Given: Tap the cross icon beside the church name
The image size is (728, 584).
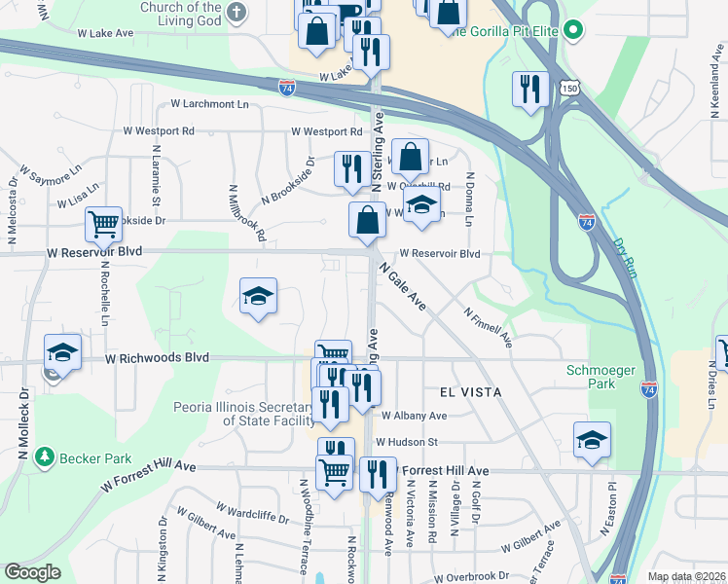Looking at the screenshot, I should coord(237,13).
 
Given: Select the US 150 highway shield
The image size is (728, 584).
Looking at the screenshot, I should coord(570,89).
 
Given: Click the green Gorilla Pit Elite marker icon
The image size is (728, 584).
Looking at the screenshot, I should coord(574,31).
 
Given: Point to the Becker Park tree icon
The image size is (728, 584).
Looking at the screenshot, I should coord(43,456).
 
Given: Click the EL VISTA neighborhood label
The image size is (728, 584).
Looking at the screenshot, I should coord(470,391).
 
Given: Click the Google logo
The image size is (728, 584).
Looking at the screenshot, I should coord(32,572).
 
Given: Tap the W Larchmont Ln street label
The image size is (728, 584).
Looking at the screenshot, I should coord(209,103).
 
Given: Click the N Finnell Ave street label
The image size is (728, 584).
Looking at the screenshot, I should coord(488,328).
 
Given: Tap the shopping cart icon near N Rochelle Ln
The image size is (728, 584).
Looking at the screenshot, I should coord(102,225).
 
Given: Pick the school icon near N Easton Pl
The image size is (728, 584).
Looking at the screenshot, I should coord(592,440).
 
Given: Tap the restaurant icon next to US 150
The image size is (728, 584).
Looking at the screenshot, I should coord(529,90).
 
